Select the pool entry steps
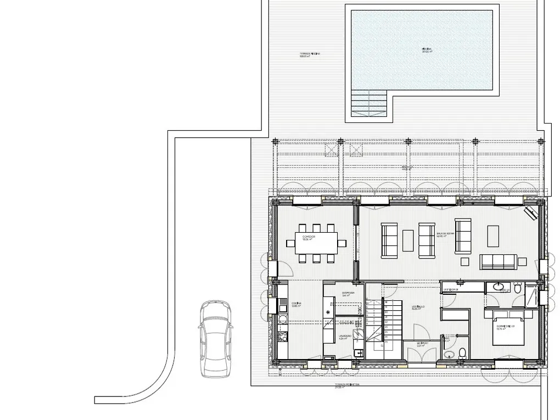pos(369,103)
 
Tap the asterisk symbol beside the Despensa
pos(328,313)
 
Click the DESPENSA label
pos(348,294)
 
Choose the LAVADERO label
pos(345,337)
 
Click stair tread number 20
pos(386,312)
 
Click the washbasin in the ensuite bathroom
pos(499,286)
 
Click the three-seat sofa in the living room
pos(498,261)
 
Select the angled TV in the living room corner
pos(531,212)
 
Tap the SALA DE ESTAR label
pos(446,234)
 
